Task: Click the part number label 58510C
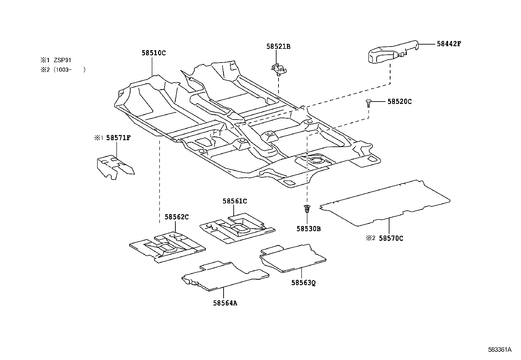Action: click(153, 53)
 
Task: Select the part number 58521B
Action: click(278, 47)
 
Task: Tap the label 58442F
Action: click(449, 44)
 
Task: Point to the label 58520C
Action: click(400, 102)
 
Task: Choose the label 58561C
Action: click(235, 201)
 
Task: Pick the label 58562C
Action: click(176, 217)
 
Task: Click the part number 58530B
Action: click(309, 229)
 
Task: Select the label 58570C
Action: click(391, 238)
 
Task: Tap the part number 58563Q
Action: click(304, 282)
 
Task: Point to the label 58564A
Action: click(225, 303)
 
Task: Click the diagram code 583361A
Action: click(499, 350)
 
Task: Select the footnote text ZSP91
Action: click(63, 60)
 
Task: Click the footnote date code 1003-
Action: click(64, 70)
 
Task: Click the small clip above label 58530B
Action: click(307, 209)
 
